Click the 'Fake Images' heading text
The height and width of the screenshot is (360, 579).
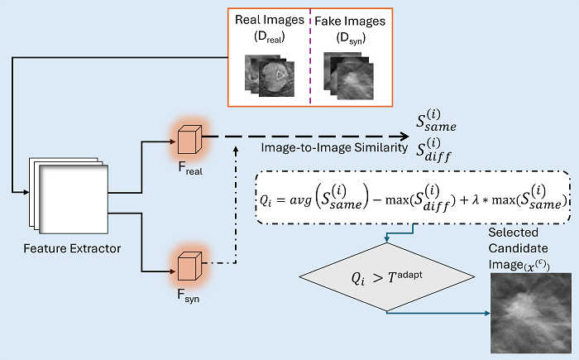click(351, 20)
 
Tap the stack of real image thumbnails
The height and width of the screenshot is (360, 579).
click(270, 72)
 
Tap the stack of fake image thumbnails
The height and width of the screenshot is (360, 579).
click(348, 72)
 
